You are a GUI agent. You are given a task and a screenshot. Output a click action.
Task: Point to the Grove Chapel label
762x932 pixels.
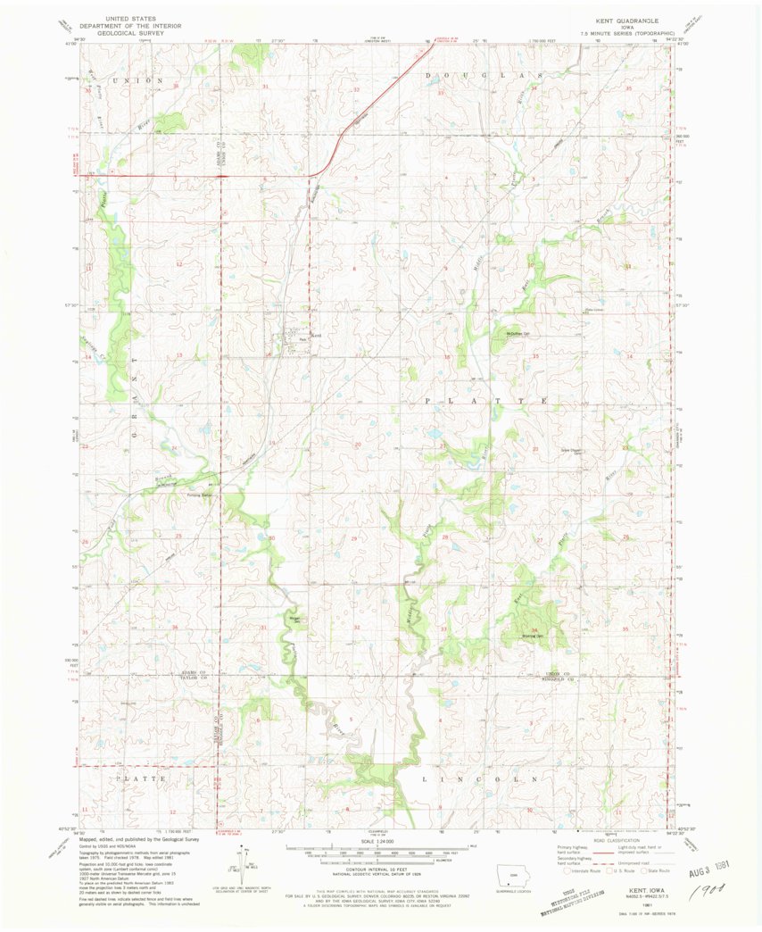pos(570,450)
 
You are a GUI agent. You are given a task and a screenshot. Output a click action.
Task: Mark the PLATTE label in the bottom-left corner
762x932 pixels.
pos(139,778)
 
